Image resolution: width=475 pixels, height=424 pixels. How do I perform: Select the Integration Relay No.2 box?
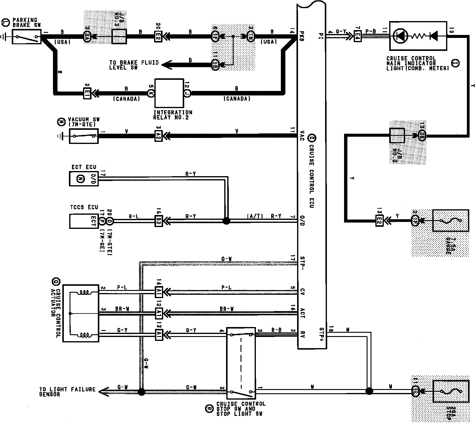click(169, 93)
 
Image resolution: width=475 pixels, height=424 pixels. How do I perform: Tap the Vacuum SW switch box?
click(84, 136)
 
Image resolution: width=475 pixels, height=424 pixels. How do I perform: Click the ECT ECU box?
click(84, 179)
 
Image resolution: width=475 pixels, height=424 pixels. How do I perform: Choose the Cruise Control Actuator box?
click(81, 313)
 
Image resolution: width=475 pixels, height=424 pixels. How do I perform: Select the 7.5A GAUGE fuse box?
click(451, 221)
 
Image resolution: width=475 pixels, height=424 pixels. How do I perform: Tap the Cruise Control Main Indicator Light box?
click(418, 36)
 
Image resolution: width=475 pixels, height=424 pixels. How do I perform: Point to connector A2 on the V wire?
click(159, 136)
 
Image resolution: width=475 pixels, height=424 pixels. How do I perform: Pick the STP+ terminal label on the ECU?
click(321, 333)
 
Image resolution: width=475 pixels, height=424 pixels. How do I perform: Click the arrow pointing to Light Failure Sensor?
click(104, 392)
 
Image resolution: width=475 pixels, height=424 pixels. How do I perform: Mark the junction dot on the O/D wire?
click(226, 221)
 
